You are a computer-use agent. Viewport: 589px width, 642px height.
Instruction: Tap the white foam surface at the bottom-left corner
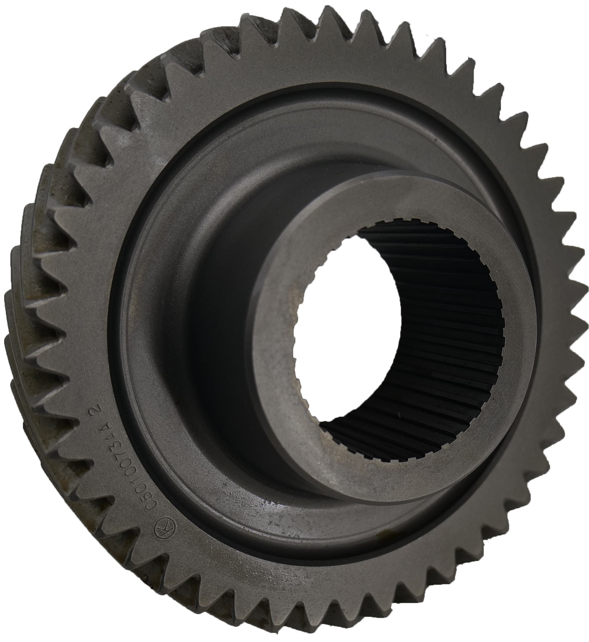[x=25, y=606]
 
